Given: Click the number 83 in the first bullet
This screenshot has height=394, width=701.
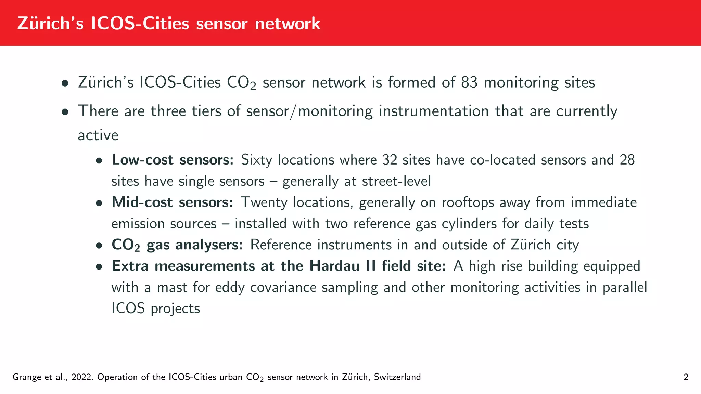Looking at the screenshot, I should tap(469, 82).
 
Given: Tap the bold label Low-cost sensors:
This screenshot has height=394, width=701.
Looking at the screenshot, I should tap(173, 160).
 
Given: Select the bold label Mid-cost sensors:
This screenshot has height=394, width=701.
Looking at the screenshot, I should tap(172, 202).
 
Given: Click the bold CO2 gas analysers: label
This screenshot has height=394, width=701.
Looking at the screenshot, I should tap(177, 245).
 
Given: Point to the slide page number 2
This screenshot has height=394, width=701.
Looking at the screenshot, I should tap(686, 377).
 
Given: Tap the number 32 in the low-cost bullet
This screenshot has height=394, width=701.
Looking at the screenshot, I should tap(390, 160).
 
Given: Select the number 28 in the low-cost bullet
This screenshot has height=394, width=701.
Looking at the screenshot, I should tap(627, 160).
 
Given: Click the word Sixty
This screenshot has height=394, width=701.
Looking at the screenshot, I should tap(256, 160).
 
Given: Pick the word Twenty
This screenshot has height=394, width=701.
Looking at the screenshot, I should tap(264, 202).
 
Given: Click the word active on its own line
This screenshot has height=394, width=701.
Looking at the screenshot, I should tap(98, 135).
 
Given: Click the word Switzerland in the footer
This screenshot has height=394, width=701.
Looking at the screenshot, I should tap(397, 377).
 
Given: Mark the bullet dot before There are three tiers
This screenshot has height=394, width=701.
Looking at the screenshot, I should tap(65, 111).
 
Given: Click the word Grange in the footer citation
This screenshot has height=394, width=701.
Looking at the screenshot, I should tap(27, 377).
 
